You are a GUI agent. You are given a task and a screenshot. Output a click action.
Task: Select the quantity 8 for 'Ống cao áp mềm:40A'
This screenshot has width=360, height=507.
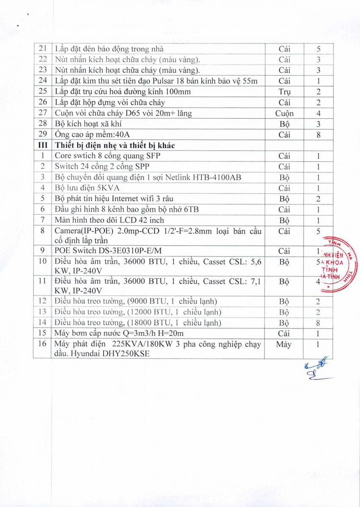click(x=318, y=135)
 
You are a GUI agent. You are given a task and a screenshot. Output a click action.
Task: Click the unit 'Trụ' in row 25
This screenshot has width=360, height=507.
click(x=284, y=92)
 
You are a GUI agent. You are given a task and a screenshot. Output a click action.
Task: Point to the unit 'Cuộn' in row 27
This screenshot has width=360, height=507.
click(x=284, y=113)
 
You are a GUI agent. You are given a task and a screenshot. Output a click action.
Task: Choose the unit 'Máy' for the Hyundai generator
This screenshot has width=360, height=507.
click(x=284, y=344)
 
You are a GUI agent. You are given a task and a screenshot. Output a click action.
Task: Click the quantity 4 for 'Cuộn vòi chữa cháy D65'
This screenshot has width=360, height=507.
click(x=318, y=113)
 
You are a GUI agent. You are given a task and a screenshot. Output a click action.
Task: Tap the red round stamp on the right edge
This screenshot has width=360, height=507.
click(x=340, y=264)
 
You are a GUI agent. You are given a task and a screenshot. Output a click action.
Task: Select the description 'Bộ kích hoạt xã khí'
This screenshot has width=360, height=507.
click(x=89, y=124)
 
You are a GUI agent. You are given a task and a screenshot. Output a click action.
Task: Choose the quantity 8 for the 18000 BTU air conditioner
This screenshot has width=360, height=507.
click(x=318, y=323)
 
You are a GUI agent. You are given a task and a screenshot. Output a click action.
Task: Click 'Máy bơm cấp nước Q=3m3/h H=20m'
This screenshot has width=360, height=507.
click(x=119, y=333)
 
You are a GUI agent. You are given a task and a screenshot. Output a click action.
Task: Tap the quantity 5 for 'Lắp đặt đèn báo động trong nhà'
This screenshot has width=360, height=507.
click(x=318, y=49)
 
